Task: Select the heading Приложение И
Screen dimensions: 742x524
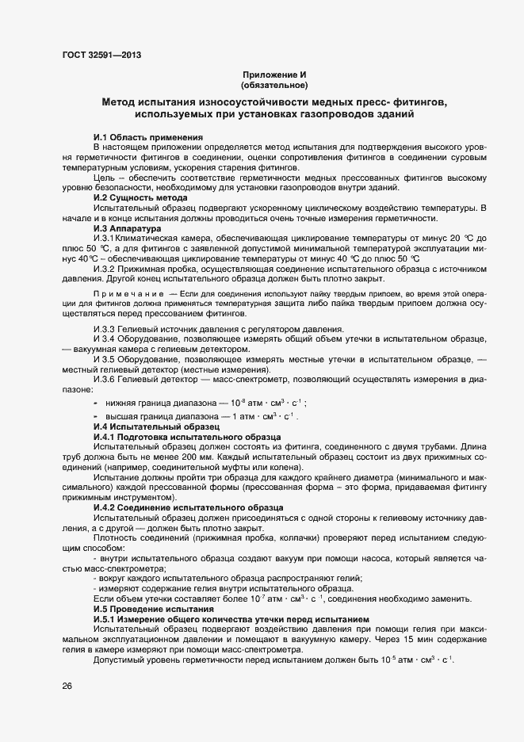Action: click(273, 75)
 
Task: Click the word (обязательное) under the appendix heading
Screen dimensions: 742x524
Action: click(273, 84)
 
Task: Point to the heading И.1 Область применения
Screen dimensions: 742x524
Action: click(148, 137)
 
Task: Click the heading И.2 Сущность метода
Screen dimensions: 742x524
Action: click(140, 197)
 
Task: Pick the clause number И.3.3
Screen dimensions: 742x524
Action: click(107, 329)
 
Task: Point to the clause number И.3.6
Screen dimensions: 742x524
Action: click(107, 380)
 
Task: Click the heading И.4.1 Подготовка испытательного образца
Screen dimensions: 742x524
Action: click(186, 437)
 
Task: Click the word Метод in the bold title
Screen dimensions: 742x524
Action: click(121, 102)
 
